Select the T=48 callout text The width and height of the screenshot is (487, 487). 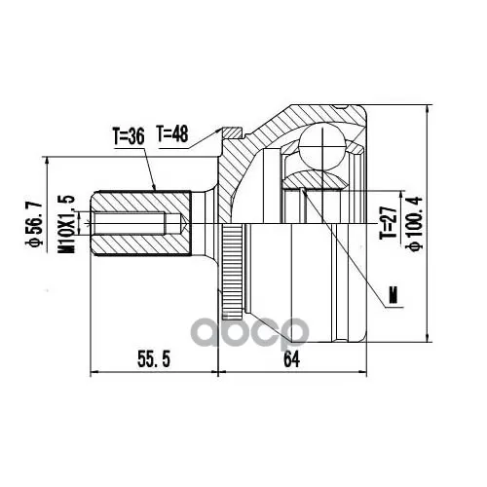click(x=172, y=133)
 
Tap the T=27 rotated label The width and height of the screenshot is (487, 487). click(x=389, y=223)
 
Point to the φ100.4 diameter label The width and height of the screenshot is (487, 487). click(x=416, y=223)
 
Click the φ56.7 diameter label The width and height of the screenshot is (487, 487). click(x=34, y=224)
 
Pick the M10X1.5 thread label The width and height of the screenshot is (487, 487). click(x=66, y=224)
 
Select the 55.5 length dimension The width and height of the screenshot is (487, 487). click(x=154, y=359)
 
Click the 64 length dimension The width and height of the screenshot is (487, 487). click(x=291, y=359)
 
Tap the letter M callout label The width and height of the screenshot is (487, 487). click(x=393, y=294)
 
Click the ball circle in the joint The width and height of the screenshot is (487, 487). click(x=321, y=146)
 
